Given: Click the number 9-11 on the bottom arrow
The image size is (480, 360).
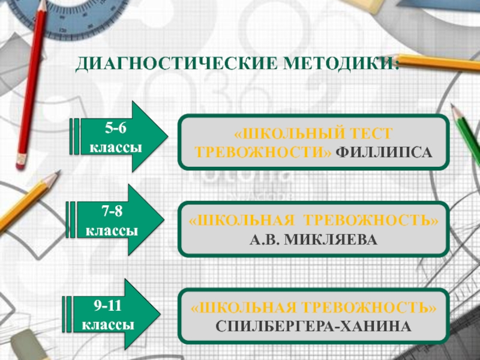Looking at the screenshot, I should [108, 306].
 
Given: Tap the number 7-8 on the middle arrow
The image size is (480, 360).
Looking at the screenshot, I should [112, 212].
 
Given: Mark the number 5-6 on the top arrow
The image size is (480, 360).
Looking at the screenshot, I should [116, 128].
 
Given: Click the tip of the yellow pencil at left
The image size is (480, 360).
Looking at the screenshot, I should [58, 173].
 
